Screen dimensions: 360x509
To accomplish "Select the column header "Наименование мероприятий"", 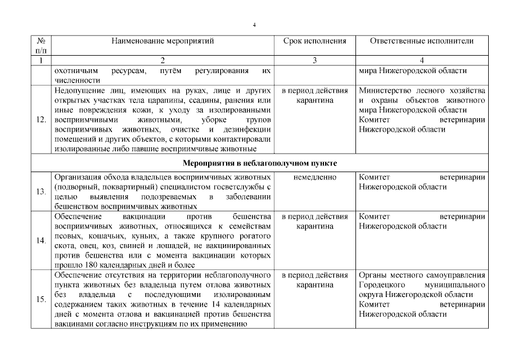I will [163, 41].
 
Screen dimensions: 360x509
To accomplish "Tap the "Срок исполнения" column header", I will [314, 41].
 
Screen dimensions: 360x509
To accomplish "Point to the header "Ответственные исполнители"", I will [422, 41].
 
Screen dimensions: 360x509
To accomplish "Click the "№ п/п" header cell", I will [41, 46].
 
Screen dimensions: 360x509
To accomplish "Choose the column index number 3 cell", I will [314, 61].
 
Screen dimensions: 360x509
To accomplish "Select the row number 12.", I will [41, 120].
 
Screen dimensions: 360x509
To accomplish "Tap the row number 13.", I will [41, 192].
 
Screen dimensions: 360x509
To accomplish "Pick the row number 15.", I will [41, 300].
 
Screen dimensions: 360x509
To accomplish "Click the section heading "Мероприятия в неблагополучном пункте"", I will [260, 164].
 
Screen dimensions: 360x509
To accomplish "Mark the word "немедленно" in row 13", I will [314, 177].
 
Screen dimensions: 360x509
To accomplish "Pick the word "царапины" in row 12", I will [145, 100].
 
